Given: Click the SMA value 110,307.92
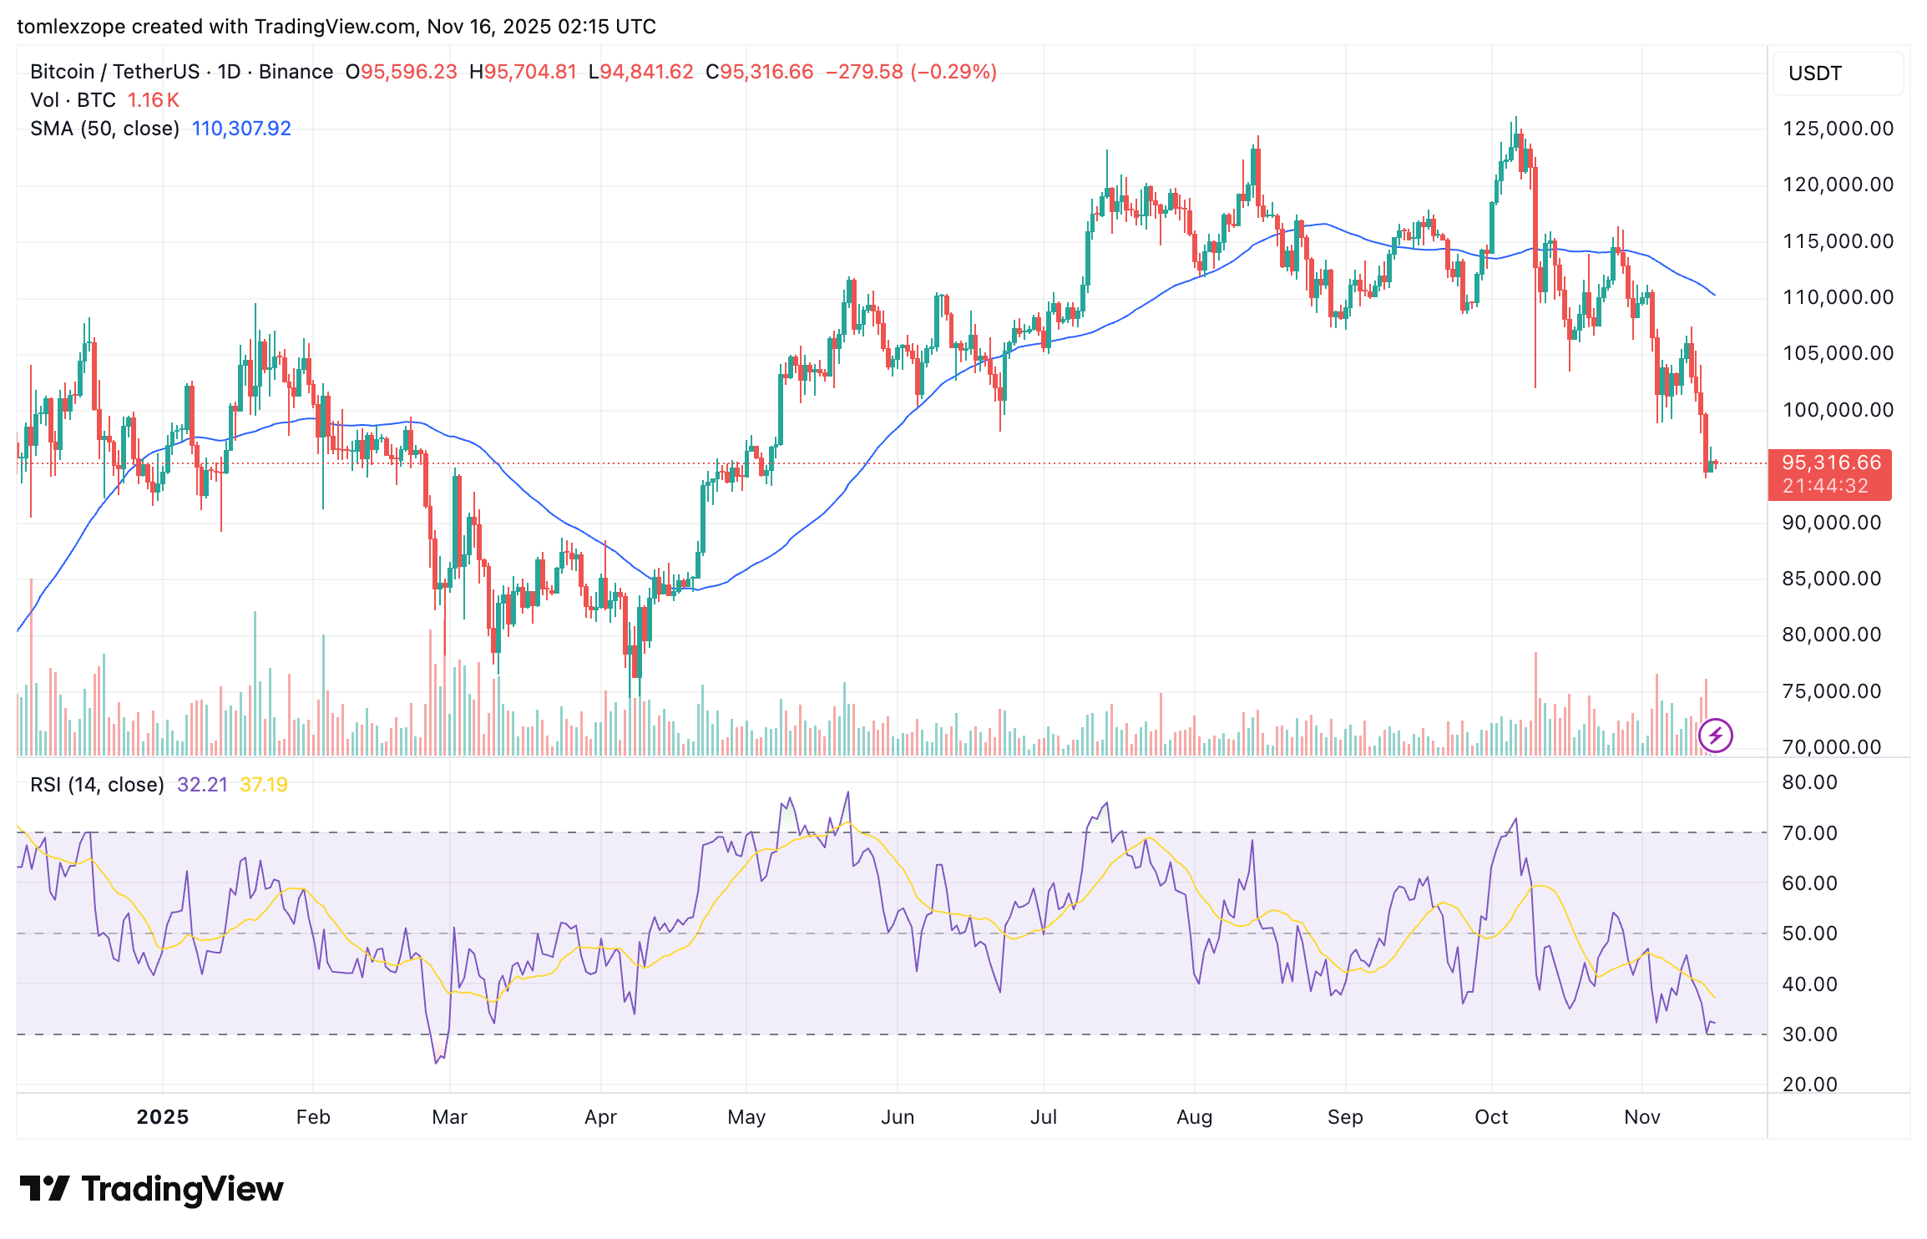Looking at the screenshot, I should [241, 129].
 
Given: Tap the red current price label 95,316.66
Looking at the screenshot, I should [1830, 463].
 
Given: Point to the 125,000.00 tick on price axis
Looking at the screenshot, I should [1838, 129].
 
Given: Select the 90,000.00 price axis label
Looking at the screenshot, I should [1831, 523].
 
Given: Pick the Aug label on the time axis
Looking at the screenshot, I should [1194, 1117].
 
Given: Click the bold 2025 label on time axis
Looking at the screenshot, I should [163, 1117].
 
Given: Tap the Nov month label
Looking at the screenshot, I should [1641, 1117].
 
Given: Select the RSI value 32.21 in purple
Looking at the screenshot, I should [202, 785].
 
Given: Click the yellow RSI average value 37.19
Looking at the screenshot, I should [263, 785].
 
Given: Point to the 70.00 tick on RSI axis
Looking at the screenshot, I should [1809, 833].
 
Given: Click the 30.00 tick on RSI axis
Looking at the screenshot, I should [1809, 1034].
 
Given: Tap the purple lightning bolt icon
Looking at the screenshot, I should [1716, 736].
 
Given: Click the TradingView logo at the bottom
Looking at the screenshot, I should [151, 1189].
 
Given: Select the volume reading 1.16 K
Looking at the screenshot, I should [153, 100].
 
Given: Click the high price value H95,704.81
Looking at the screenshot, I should [523, 72].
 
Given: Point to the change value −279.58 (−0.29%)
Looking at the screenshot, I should [911, 72].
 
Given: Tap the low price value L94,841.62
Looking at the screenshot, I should [640, 72].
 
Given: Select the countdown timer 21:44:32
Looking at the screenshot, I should [1825, 486].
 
